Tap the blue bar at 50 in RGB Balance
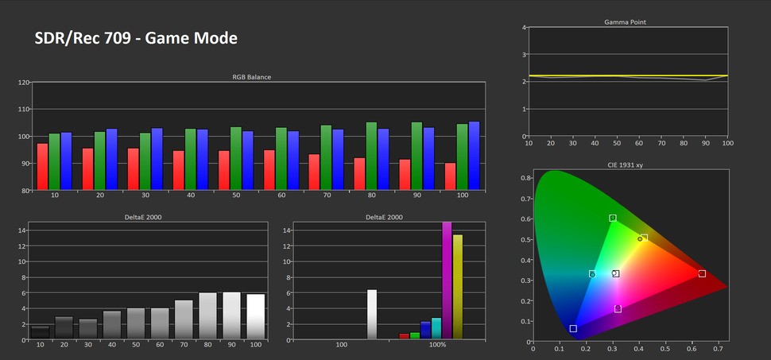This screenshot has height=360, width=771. coord(247,160)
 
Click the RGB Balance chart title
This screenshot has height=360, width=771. coord(251,77)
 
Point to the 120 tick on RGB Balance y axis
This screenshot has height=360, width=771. coord(24,83)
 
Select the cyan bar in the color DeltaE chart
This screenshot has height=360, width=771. coord(436,328)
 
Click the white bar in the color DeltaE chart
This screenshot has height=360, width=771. coord(371,315)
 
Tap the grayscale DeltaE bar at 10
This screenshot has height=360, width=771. coord(40,332)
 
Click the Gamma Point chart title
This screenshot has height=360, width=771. coord(625,22)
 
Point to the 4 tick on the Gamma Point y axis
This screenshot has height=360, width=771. coord(525,28)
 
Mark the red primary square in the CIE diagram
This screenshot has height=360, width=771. coord(702,273)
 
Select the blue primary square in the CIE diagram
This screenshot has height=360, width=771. coord(573,328)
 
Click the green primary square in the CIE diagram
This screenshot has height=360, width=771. coord(613,218)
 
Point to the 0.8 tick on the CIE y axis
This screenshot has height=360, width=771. coord(525,178)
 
